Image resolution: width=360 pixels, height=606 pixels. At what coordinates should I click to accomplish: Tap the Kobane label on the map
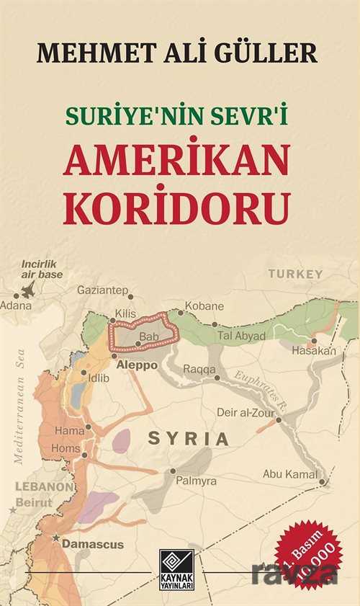click(x=204, y=306)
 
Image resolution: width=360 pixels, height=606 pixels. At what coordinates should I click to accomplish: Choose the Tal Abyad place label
click(x=241, y=336)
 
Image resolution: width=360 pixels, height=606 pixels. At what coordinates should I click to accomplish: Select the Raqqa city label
click(x=200, y=369)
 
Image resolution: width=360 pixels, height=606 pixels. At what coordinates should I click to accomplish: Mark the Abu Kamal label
click(x=289, y=473)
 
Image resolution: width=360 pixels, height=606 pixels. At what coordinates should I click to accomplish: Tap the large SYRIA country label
click(x=188, y=438)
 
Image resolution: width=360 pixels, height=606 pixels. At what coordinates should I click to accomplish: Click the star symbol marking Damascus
click(x=55, y=538)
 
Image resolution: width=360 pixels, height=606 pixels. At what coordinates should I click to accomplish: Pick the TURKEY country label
click(x=295, y=274)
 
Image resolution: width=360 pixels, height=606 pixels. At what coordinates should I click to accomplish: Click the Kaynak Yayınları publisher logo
click(x=180, y=566)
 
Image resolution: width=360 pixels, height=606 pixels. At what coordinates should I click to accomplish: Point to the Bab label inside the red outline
click(x=148, y=337)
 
